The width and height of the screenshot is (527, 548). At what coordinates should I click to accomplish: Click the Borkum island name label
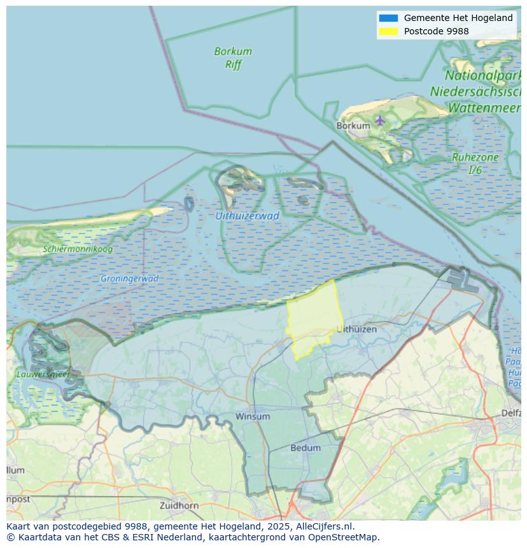(x=353, y=125)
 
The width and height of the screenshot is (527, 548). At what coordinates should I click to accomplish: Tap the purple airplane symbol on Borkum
(x=380, y=120)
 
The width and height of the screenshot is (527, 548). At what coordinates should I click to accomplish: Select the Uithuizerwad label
(x=247, y=216)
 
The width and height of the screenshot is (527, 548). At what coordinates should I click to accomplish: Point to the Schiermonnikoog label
(x=78, y=249)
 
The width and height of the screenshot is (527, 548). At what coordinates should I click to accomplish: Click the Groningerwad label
(x=129, y=278)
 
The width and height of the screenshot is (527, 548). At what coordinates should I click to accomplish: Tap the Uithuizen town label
(x=356, y=329)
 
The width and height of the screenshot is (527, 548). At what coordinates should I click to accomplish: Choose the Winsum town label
(x=253, y=416)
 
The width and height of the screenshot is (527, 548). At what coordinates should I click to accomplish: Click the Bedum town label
(x=306, y=447)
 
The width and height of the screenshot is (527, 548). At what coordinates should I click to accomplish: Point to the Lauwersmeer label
(x=43, y=374)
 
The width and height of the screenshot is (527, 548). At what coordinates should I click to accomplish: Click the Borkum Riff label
(x=233, y=57)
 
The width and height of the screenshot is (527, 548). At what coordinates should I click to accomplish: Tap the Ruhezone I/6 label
(x=475, y=164)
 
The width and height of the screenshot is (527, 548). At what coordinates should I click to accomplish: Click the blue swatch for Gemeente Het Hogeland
(x=388, y=18)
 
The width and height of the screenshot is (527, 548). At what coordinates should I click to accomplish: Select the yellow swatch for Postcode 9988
(x=388, y=31)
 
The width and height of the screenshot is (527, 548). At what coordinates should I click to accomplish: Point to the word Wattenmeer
(x=484, y=108)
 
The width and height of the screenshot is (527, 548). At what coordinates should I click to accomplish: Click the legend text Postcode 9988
(x=436, y=31)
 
